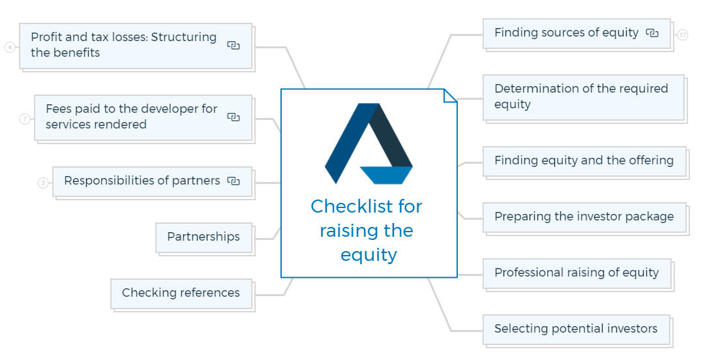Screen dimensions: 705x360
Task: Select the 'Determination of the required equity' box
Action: pos(584,98)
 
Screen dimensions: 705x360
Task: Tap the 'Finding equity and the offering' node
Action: pos(584,161)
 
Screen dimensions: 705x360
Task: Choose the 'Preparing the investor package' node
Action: pos(584,218)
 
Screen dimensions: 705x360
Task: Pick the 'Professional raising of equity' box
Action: pos(577,274)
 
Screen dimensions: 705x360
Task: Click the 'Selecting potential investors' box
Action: pos(577,329)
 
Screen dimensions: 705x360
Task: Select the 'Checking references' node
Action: pos(181,294)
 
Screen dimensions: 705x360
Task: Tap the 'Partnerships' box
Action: pos(203,238)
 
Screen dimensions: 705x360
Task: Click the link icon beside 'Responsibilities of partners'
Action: pos(233,181)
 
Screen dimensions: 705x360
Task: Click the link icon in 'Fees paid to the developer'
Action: pos(233,117)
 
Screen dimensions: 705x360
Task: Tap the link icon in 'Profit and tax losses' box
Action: pos(233,46)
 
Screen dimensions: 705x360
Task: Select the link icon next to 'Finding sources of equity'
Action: pos(652,33)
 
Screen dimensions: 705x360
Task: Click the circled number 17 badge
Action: pos(683,35)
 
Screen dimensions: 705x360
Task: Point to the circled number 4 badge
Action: pos(10,47)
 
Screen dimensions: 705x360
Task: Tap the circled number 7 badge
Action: pos(25,119)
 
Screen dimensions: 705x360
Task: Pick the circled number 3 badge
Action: pos(43,183)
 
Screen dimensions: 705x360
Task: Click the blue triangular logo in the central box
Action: pos(368,144)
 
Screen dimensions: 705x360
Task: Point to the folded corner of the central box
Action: pos(450,96)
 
